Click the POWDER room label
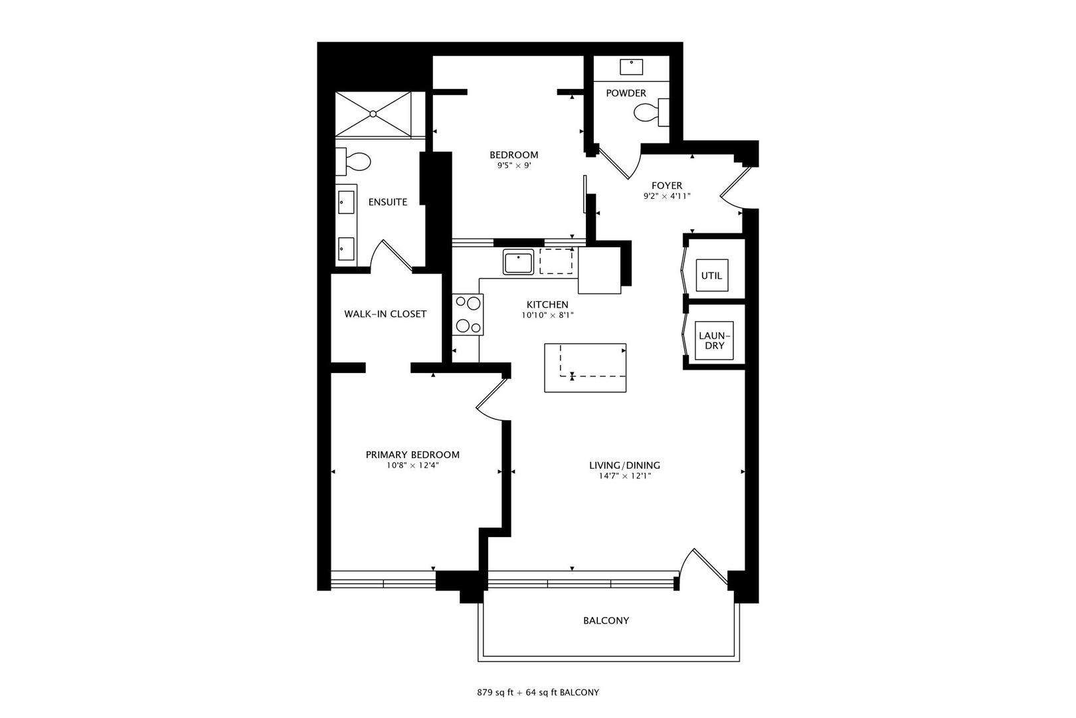pos(626,93)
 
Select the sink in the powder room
pos(631,66)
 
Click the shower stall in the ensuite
pos(373,114)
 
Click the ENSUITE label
pos(387,202)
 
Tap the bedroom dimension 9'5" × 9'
pos(513,166)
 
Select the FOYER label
pos(666,185)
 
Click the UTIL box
pos(711,275)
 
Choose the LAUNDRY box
pos(714,340)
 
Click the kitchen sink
pos(517,262)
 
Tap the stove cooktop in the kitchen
pos(468,314)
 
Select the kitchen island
pos(585,368)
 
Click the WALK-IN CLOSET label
pos(385,314)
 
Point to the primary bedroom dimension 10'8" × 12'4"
pos(412,465)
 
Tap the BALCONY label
pos(606,620)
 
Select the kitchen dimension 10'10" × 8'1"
pos(547,315)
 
